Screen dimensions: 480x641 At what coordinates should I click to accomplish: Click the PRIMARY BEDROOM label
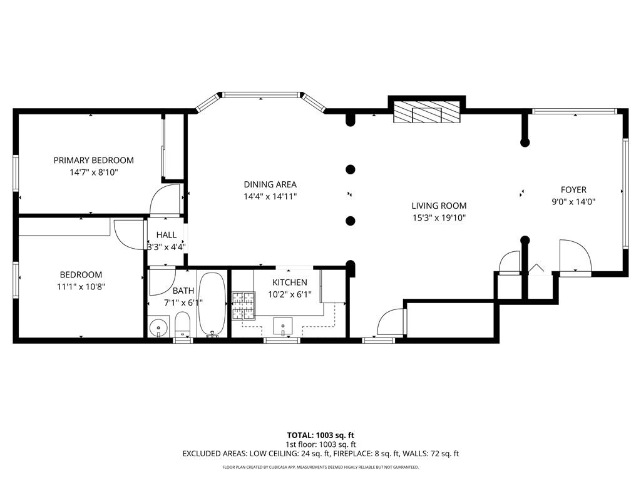[x=93, y=160]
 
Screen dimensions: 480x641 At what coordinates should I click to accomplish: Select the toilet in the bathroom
[x=182, y=324]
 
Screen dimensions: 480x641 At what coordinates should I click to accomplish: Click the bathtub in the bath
[x=212, y=304]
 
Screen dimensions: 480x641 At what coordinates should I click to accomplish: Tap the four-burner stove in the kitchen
[x=244, y=304]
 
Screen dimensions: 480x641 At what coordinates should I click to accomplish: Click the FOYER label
[x=573, y=190]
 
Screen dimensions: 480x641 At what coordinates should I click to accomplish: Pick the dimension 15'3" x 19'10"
[x=439, y=217]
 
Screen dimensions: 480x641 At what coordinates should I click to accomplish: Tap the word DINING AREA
[x=270, y=184]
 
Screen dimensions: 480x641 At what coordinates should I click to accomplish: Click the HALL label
[x=167, y=235]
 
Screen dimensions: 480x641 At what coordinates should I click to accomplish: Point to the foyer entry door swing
[x=575, y=256]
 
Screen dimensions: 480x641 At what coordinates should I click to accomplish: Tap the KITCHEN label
[x=289, y=282]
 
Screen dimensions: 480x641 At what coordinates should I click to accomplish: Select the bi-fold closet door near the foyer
[x=537, y=269]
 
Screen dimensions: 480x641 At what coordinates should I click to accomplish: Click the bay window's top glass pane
[x=260, y=96]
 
